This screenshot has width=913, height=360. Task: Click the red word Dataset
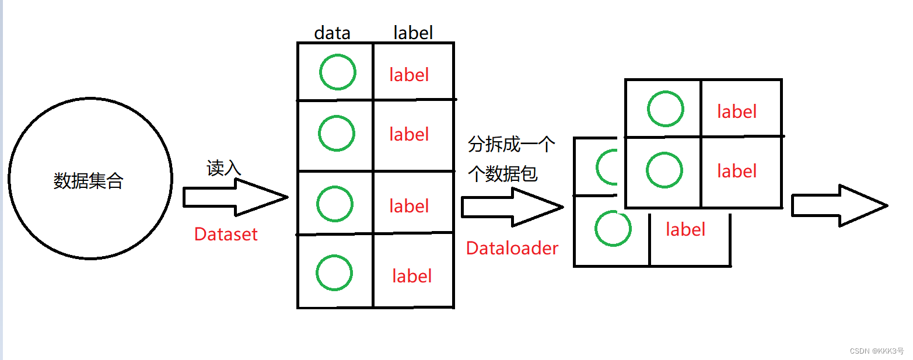click(226, 235)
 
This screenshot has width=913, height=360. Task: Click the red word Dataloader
click(512, 249)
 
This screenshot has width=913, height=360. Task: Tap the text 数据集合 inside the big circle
click(89, 181)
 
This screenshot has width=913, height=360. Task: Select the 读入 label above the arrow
click(223, 168)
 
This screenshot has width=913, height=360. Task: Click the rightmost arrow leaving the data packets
click(839, 205)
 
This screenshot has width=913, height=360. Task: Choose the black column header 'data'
click(332, 33)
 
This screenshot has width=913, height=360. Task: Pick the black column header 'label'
click(413, 33)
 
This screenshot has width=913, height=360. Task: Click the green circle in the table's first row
click(337, 72)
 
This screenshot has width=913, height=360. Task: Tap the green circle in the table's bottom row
click(335, 272)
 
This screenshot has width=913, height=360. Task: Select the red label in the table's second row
click(409, 135)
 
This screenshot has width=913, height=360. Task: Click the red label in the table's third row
click(409, 206)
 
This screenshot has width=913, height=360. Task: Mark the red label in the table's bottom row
click(412, 276)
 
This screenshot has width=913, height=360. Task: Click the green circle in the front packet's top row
click(665, 109)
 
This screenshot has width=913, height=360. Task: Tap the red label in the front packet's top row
click(737, 111)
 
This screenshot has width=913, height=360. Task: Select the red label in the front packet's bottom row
click(737, 171)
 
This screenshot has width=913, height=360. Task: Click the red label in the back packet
click(685, 229)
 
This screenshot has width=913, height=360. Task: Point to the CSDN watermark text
click(876, 351)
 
